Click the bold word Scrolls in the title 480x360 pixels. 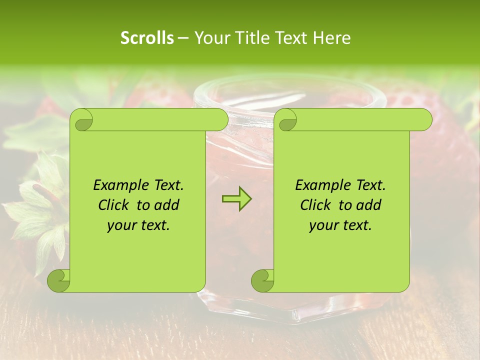147,38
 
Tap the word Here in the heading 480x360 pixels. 332,38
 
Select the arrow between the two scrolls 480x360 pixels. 236,199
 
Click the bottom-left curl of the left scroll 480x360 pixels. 59,280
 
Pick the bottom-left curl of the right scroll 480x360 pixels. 262,280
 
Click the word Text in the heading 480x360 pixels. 290,38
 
